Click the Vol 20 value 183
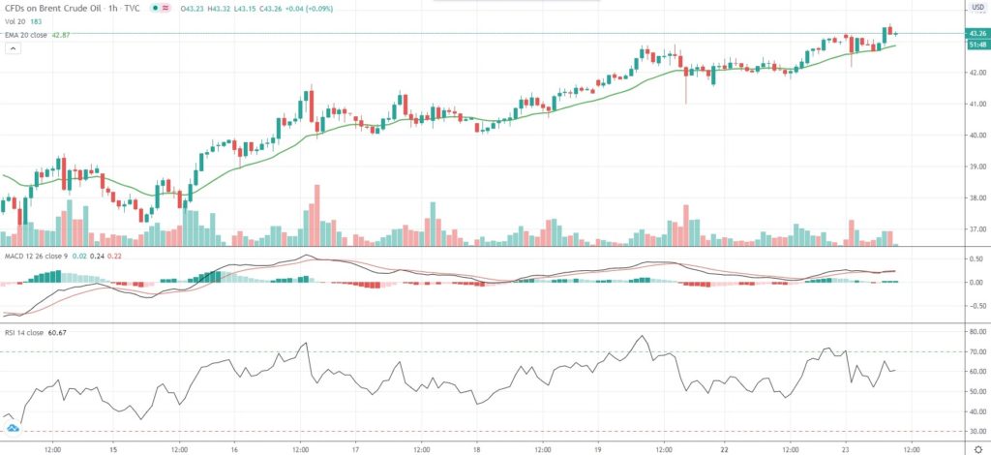tap(36, 22)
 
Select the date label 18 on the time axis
tap(478, 450)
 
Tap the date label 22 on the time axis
tap(721, 450)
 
